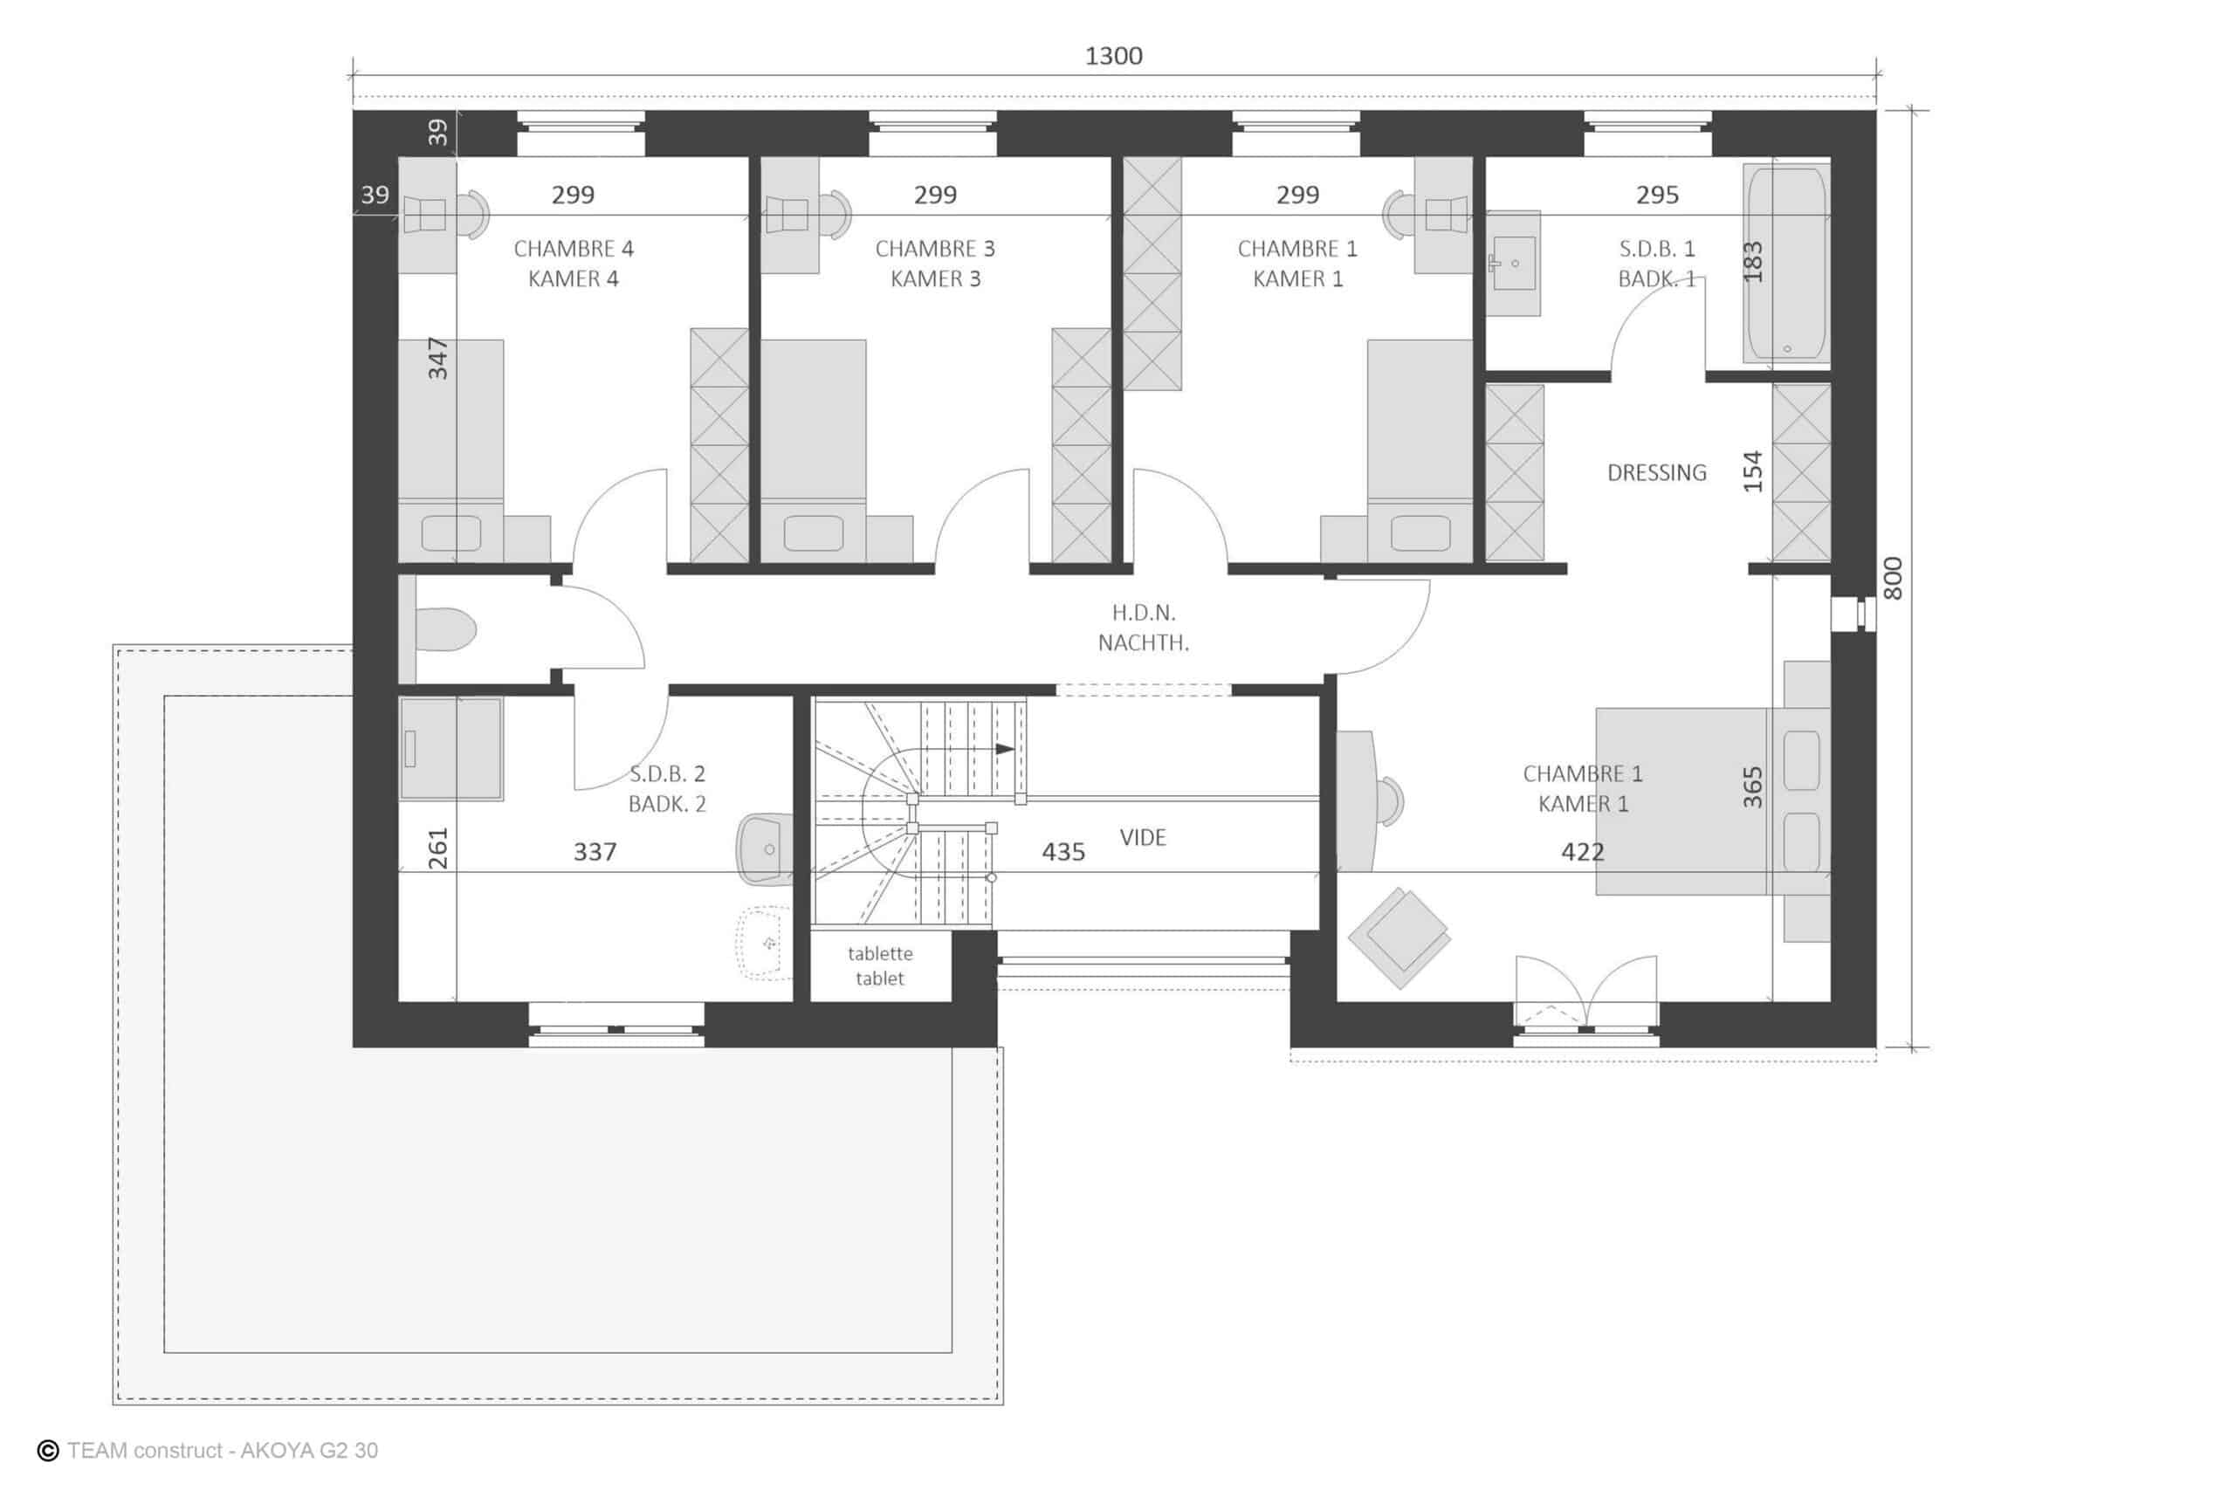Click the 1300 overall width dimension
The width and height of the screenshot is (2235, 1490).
point(1114,56)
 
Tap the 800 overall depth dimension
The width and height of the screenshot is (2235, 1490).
point(1892,578)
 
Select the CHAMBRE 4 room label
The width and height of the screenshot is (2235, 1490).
point(573,249)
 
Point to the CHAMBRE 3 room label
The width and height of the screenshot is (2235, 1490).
point(935,249)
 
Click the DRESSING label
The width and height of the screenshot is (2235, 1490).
point(1656,472)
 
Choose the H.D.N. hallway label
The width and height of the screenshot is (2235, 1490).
point(1143,613)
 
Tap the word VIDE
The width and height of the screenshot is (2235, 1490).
point(1142,837)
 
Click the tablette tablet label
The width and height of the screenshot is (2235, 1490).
point(880,965)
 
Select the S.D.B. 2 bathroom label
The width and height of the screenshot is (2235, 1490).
point(667,773)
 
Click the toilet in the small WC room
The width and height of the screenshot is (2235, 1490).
point(444,629)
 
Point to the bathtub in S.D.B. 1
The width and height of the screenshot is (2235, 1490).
point(1786,264)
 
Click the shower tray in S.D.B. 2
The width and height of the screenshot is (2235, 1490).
point(450,748)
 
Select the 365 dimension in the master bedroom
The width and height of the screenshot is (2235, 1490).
point(1752,786)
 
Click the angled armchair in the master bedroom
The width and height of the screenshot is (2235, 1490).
point(1399,937)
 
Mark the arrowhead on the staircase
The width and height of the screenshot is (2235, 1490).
point(1004,749)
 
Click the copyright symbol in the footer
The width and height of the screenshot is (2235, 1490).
point(47,1450)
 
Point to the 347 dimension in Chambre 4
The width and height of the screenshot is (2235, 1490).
point(437,358)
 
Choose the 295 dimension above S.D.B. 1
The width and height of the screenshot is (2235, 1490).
point(1657,195)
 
